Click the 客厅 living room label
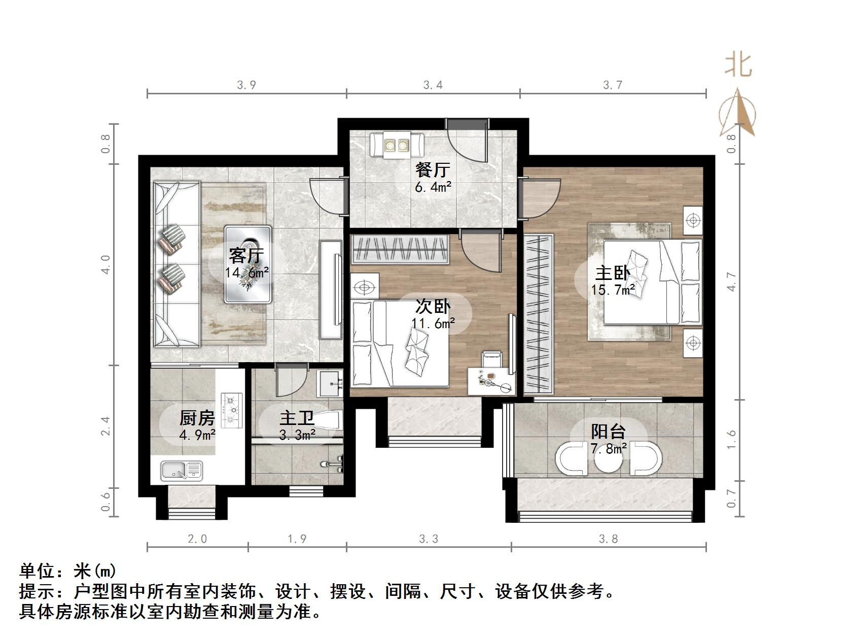click(x=246, y=255)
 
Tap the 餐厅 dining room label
click(x=433, y=169)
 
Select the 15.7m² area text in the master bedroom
click(x=613, y=290)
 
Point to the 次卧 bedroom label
click(x=433, y=306)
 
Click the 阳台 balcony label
click(x=608, y=432)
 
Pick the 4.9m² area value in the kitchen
click(x=197, y=435)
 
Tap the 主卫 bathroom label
click(x=297, y=418)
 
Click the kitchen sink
click(x=182, y=471)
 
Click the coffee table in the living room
click(x=248, y=264)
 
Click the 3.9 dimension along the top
click(x=246, y=85)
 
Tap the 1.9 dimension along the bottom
click(x=297, y=539)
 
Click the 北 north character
click(x=738, y=66)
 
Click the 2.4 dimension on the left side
click(x=105, y=426)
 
